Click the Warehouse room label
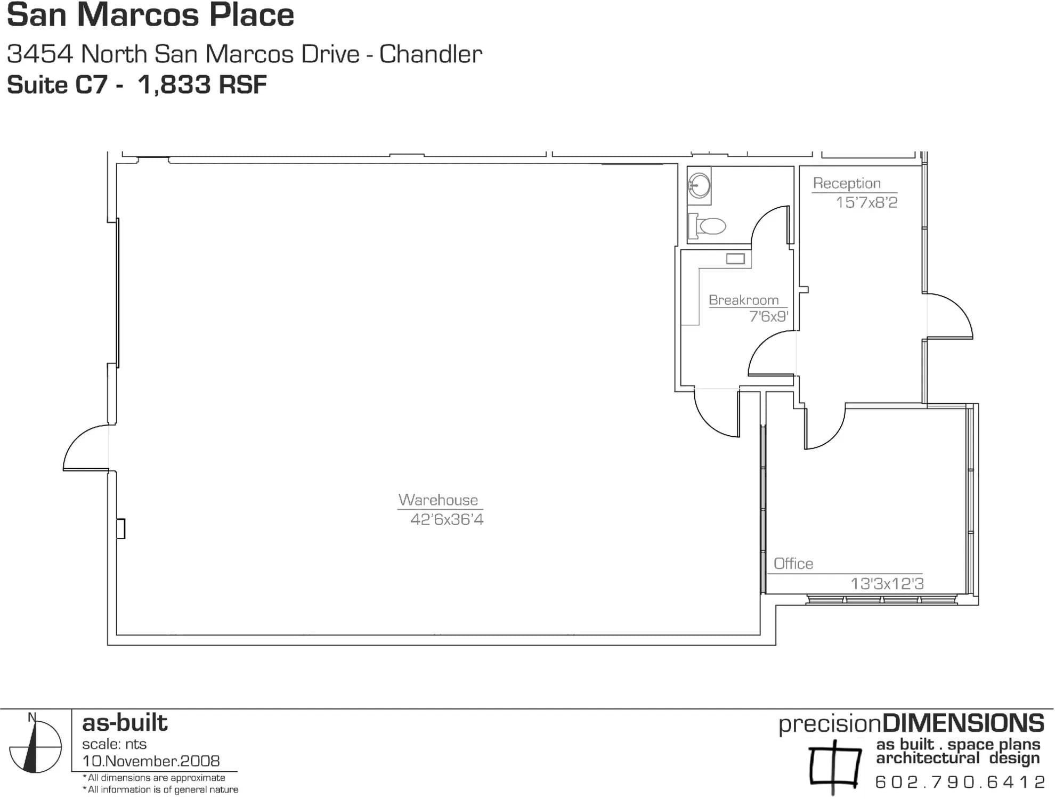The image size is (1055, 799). [438, 500]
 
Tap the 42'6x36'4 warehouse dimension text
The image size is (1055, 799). [447, 519]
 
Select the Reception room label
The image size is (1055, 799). [847, 183]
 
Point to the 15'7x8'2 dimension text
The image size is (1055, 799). [866, 202]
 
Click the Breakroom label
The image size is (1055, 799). [743, 300]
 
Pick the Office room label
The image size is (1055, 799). [793, 564]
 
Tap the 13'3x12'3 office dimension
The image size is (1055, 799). [887, 584]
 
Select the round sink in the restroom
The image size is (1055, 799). [699, 186]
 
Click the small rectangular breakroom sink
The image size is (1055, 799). [735, 259]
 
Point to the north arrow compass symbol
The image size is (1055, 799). [35, 746]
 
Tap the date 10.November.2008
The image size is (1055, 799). [151, 761]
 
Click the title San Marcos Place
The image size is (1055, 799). [150, 16]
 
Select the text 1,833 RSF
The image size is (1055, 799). [202, 85]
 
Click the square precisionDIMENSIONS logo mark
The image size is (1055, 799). [834, 766]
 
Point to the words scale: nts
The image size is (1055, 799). [114, 744]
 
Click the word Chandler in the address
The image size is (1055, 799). [431, 54]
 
